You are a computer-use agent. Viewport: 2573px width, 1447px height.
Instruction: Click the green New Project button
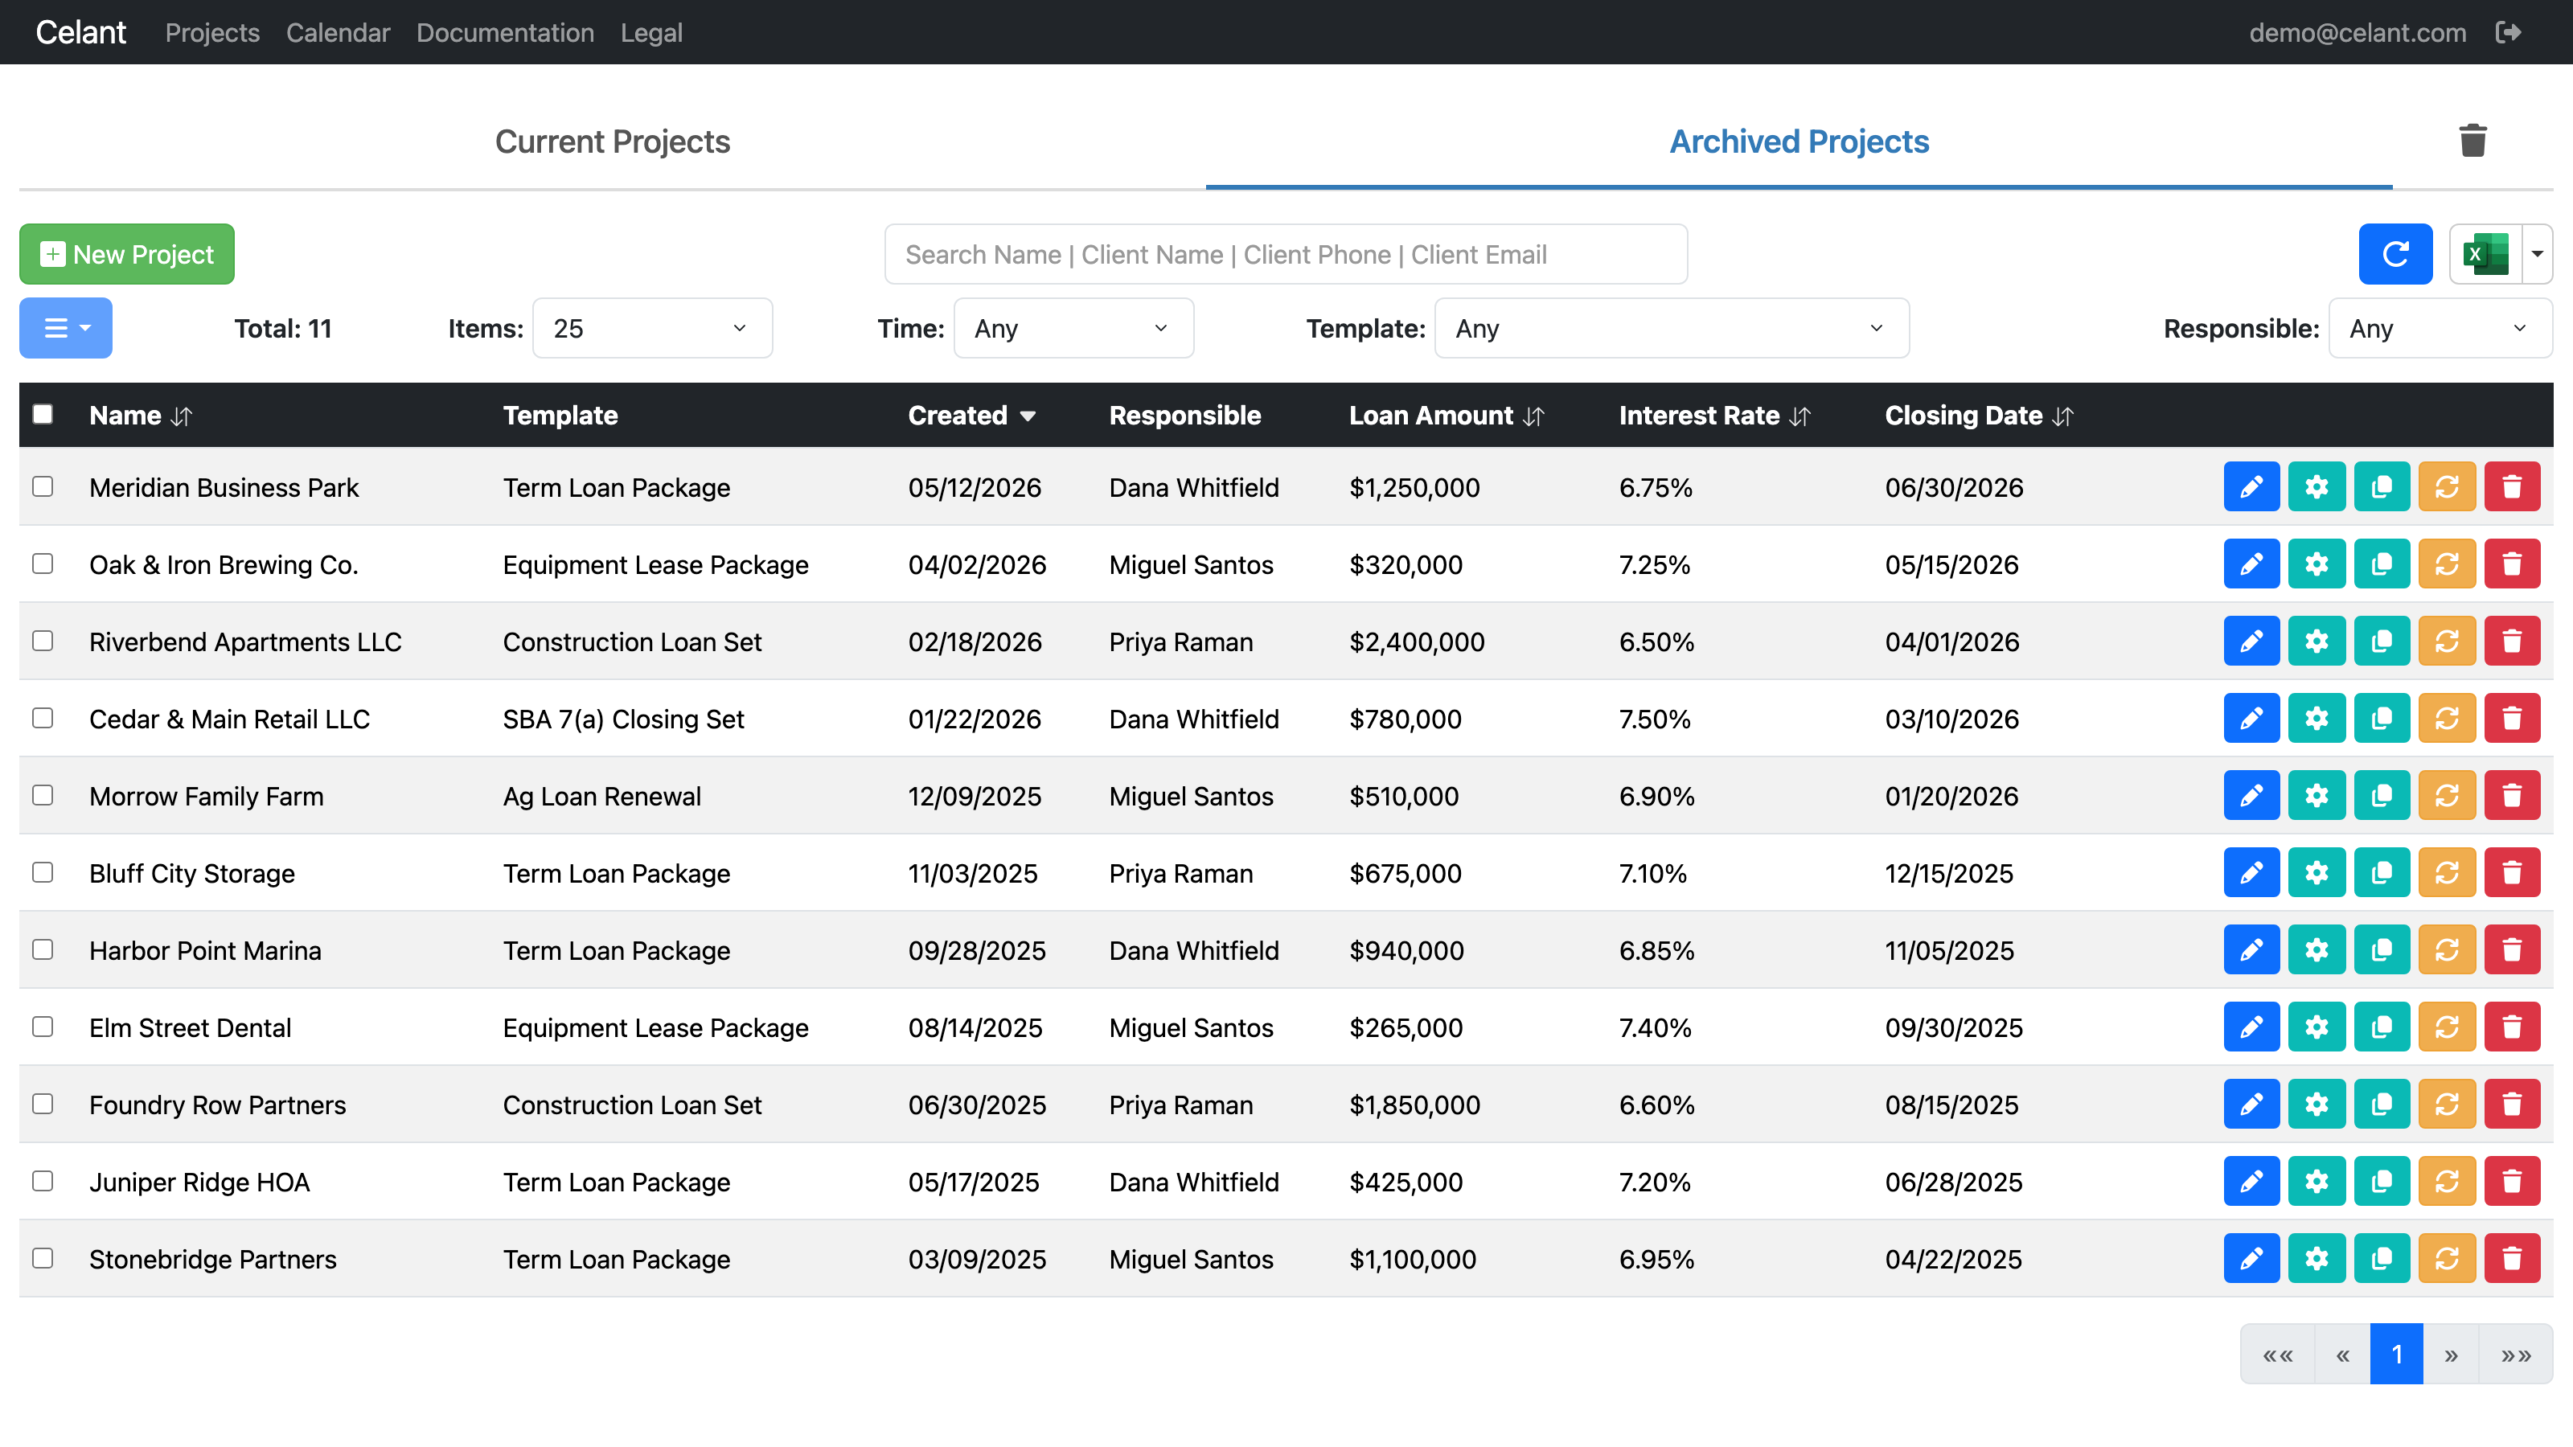click(127, 254)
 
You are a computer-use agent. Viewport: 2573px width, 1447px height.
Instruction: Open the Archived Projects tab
click(1799, 141)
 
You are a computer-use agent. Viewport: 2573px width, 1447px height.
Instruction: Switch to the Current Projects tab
click(612, 141)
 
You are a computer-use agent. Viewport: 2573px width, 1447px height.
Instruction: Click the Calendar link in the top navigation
click(338, 32)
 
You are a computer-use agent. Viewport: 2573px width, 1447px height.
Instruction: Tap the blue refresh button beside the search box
click(2395, 254)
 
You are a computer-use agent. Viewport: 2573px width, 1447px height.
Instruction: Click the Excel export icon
click(2485, 254)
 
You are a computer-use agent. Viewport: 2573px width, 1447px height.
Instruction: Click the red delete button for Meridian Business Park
click(2511, 486)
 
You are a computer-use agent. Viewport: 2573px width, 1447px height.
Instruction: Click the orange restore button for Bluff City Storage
click(2446, 873)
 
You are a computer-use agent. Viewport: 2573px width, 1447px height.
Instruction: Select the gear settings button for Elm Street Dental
click(2317, 1027)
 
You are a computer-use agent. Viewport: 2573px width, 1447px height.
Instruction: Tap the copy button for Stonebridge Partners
click(2381, 1258)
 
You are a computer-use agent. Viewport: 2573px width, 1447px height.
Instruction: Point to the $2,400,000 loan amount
click(1416, 642)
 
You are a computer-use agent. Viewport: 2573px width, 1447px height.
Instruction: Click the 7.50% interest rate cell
click(1654, 719)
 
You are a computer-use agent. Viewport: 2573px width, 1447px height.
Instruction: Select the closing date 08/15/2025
click(1951, 1105)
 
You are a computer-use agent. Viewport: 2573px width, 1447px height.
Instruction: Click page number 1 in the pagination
click(2396, 1354)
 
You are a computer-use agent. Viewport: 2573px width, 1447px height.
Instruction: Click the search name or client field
click(1286, 254)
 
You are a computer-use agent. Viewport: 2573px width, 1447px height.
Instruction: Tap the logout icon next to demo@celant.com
click(2507, 32)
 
